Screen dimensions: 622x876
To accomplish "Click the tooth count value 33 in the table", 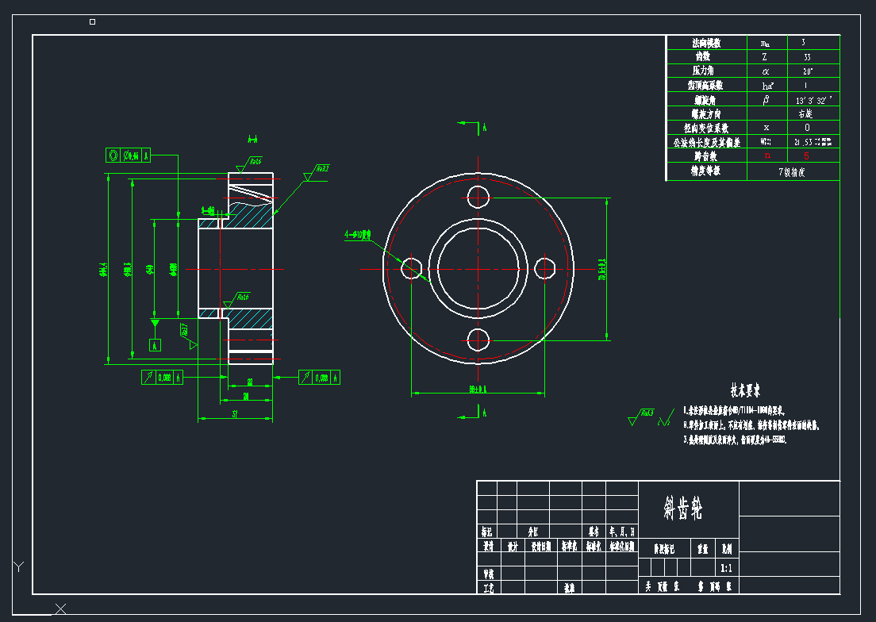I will (807, 57).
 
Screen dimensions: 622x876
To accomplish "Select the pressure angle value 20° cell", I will (807, 71).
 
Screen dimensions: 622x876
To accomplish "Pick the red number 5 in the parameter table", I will (807, 156).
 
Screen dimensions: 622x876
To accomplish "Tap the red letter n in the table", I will (766, 156).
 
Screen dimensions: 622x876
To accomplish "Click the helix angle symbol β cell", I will (766, 100).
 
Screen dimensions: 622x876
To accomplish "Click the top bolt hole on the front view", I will (478, 197).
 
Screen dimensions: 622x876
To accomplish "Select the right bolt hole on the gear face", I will (545, 268).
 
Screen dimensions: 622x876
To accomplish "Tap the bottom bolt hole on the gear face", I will (478, 340).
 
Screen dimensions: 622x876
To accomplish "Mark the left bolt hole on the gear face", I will (411, 268).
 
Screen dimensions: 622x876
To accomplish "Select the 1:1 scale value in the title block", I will (726, 568).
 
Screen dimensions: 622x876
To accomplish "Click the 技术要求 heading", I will (745, 390).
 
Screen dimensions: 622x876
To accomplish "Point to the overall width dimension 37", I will (235, 414).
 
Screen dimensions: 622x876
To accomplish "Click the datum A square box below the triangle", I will (156, 345).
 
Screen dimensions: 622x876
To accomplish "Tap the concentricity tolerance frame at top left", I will (129, 155).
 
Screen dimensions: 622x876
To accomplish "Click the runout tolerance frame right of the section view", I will (320, 378).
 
